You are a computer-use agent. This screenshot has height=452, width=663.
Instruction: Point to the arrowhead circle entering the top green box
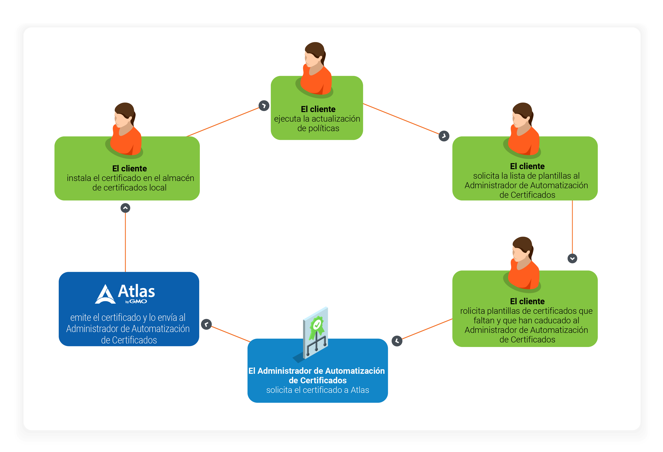coord(264,106)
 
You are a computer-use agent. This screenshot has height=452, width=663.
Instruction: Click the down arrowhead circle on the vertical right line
coord(572,259)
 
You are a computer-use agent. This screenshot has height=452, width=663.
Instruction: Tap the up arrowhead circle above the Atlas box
coord(125,208)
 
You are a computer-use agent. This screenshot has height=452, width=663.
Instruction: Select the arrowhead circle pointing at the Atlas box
coord(206,324)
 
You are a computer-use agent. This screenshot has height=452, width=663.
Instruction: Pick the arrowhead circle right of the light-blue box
coord(397,341)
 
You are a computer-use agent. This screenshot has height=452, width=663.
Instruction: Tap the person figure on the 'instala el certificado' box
coord(124,130)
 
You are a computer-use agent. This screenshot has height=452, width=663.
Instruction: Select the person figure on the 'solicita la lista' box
coord(522,130)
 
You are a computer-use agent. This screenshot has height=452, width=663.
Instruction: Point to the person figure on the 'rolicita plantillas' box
coord(522,264)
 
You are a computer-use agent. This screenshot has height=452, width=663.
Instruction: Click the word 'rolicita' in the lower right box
coord(472,311)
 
